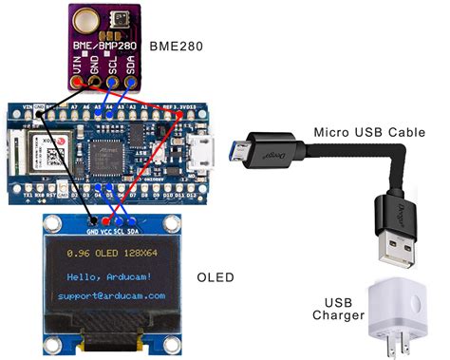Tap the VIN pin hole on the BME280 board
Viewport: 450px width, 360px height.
(x=79, y=83)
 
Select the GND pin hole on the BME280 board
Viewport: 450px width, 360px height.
(x=97, y=83)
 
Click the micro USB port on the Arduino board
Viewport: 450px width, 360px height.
(x=201, y=150)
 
